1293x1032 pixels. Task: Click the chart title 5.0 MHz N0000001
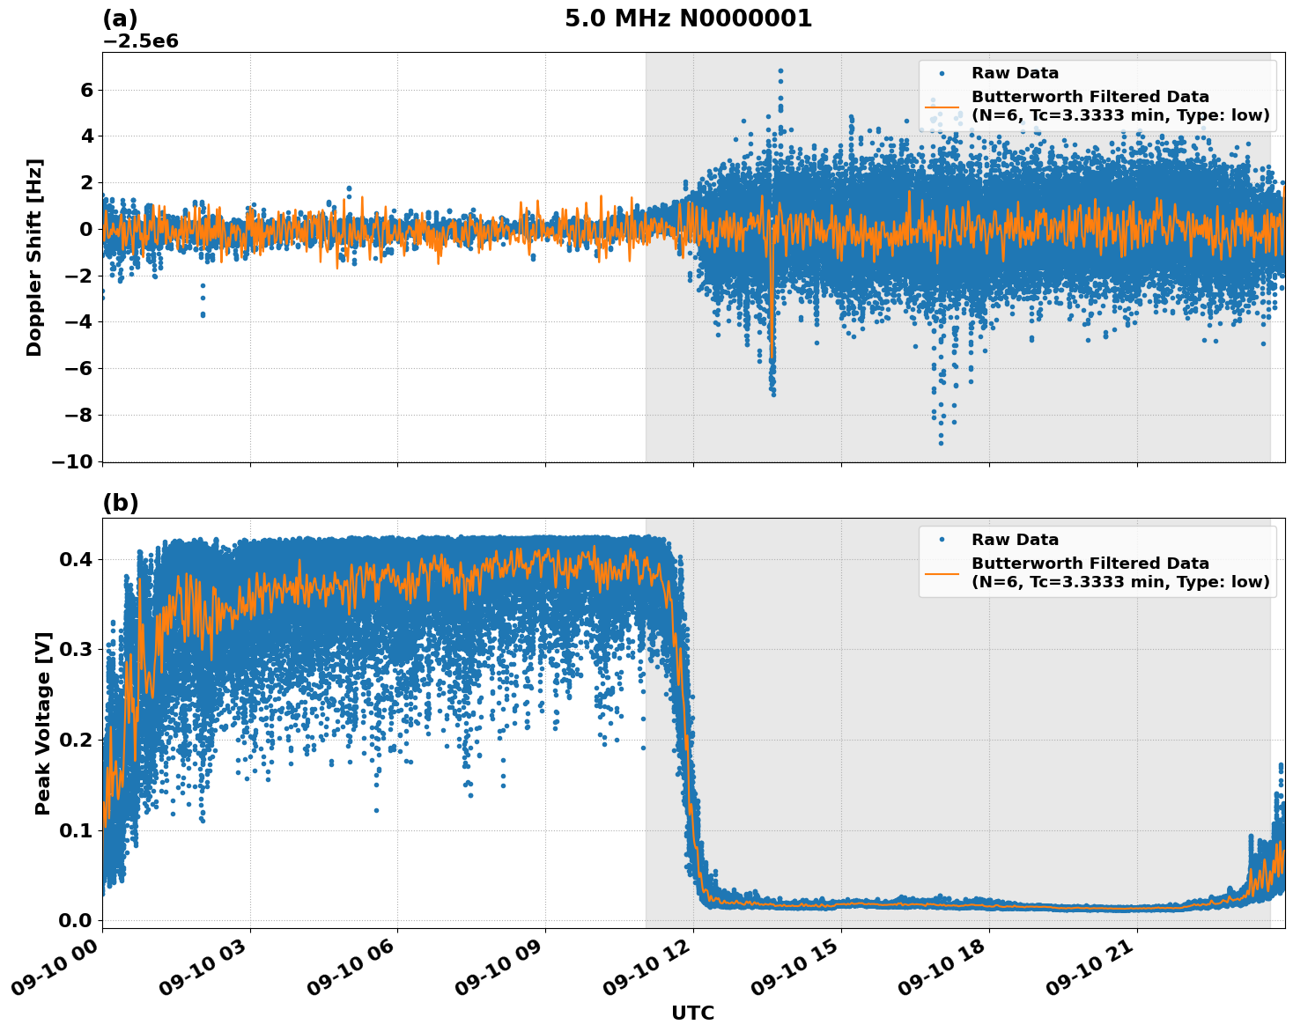[x=688, y=18]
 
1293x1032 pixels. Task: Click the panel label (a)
[x=120, y=18]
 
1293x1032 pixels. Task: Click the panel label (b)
[x=120, y=503]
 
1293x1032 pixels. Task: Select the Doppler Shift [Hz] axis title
[x=34, y=257]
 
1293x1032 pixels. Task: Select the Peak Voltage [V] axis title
[x=43, y=723]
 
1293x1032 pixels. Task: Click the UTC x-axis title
[x=692, y=1013]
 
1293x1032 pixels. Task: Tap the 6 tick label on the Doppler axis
[x=86, y=90]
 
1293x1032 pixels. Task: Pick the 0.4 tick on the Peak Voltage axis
[x=79, y=559]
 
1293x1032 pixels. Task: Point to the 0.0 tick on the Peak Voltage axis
[x=79, y=920]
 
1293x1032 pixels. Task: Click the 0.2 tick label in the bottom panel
[x=79, y=740]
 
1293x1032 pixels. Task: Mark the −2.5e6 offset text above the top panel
[x=141, y=41]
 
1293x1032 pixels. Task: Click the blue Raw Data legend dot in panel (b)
[x=942, y=540]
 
